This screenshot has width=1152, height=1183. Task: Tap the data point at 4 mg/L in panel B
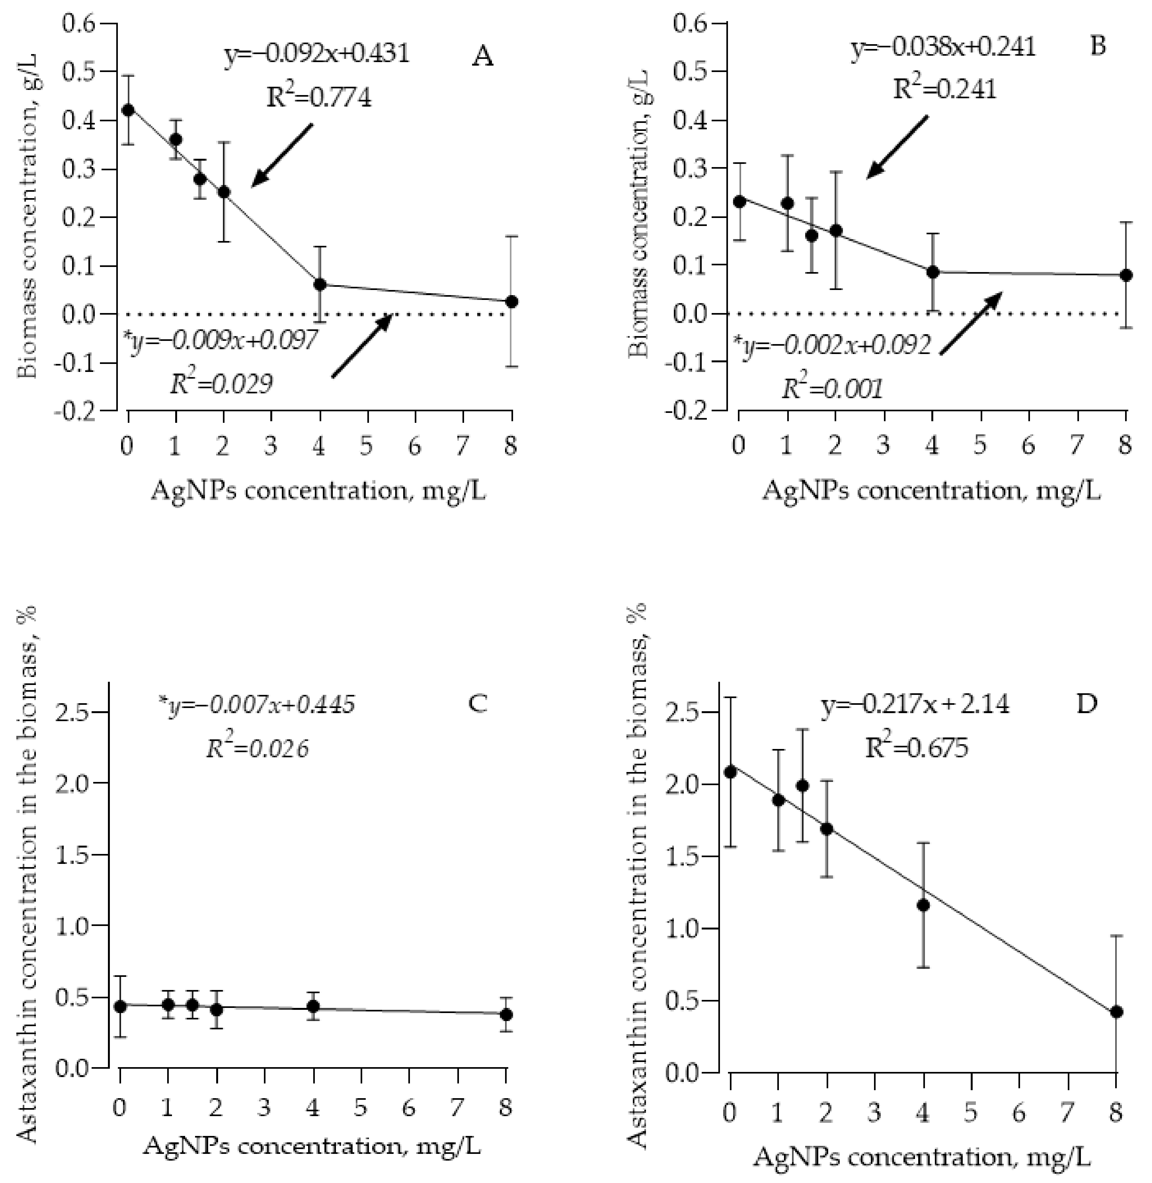pyautogui.click(x=932, y=272)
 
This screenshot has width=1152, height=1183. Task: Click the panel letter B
pyautogui.click(x=1098, y=46)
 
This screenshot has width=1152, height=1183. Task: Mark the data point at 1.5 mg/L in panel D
pyautogui.click(x=802, y=786)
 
